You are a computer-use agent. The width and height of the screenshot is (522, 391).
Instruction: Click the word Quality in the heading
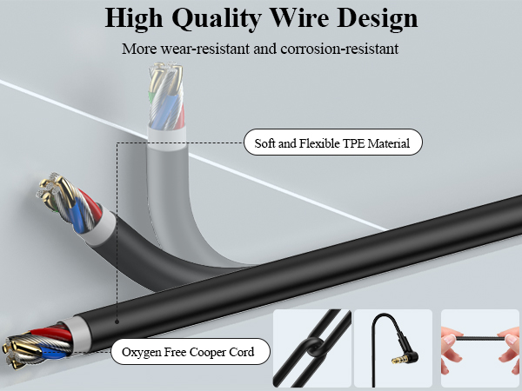point(216,19)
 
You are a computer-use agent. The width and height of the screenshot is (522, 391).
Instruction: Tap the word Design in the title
point(378,17)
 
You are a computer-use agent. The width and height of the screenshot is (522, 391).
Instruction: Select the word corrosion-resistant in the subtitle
point(339,49)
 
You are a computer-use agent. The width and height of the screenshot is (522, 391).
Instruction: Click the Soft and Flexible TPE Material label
point(333,142)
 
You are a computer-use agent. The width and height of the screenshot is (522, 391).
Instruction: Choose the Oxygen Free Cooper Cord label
point(190,351)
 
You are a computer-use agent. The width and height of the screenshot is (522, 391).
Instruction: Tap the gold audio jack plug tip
point(396,361)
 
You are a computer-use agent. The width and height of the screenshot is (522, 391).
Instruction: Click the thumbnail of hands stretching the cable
point(480,348)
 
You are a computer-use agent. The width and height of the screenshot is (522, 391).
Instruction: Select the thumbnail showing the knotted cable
point(312,348)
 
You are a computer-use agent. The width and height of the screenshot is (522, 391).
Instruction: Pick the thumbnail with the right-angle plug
point(393,348)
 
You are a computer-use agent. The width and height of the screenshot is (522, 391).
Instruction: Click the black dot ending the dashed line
point(117,321)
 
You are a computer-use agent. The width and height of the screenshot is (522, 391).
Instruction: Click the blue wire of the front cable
point(54,352)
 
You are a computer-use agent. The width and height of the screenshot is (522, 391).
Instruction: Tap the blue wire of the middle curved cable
point(78,215)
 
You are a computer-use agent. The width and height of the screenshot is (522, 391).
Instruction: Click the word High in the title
point(134,19)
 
